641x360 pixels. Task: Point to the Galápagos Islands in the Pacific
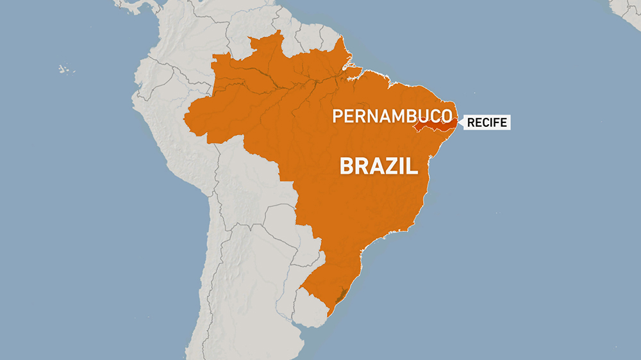click(x=64, y=69)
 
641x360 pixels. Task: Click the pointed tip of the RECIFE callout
click(x=458, y=122)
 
